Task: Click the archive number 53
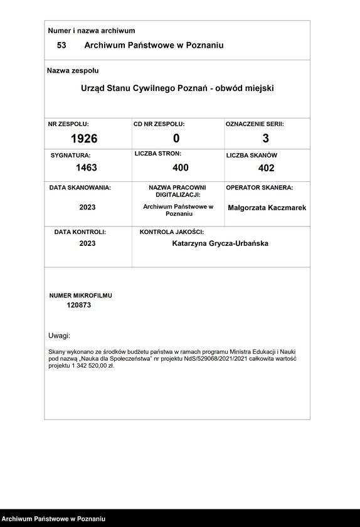pyautogui.click(x=61, y=45)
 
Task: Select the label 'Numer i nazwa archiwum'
pyautogui.click(x=92, y=30)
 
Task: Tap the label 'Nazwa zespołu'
pyautogui.click(x=73, y=71)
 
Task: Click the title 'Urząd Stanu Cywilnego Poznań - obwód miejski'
pyautogui.click(x=177, y=88)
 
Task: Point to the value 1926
pyautogui.click(x=84, y=139)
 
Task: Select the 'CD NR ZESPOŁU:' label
pyautogui.click(x=159, y=124)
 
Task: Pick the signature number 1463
pyautogui.click(x=87, y=168)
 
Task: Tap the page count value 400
pyautogui.click(x=181, y=168)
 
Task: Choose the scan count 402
pyautogui.click(x=266, y=168)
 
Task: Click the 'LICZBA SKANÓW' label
pyautogui.click(x=251, y=155)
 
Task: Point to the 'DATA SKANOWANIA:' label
pyautogui.click(x=80, y=188)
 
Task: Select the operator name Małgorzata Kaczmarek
pyautogui.click(x=267, y=207)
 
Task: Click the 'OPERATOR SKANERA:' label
pyautogui.click(x=260, y=188)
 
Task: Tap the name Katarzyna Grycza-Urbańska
pyautogui.click(x=220, y=243)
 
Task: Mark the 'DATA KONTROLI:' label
pyautogui.click(x=80, y=232)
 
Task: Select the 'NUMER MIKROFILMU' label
pyautogui.click(x=81, y=295)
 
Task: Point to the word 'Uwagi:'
pyautogui.click(x=60, y=336)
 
